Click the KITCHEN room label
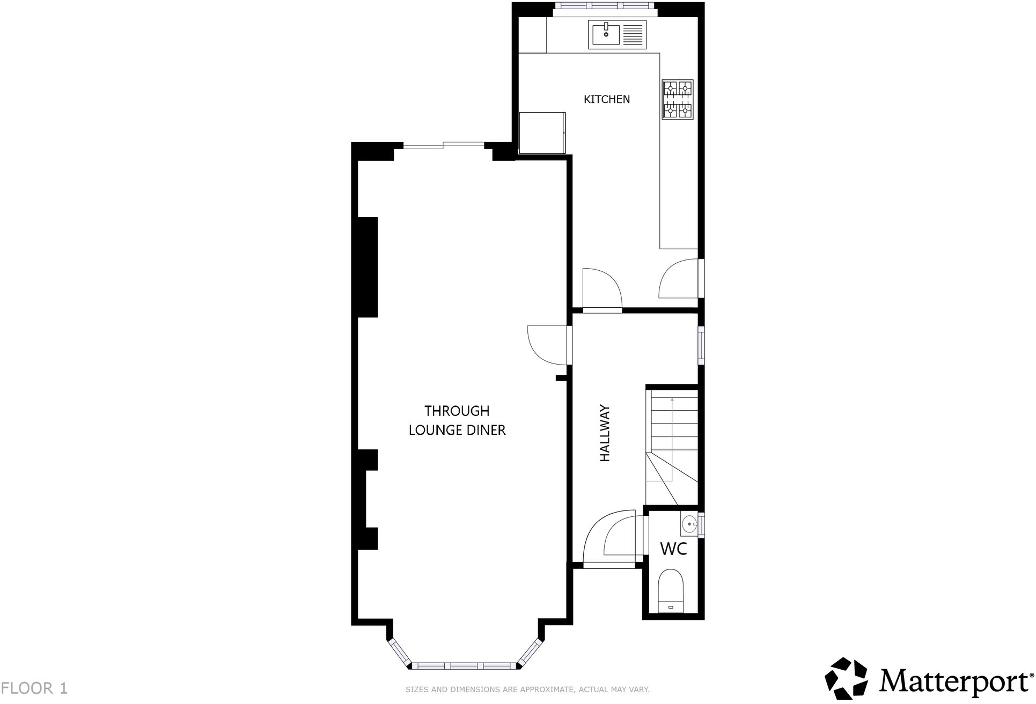607,99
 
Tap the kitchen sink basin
606,35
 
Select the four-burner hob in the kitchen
678,99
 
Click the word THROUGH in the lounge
457,411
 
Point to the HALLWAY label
605,433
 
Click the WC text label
673,549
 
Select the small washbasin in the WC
689,524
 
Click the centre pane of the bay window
467,666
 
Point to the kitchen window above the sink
605,6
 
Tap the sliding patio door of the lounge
444,144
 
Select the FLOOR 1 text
34,688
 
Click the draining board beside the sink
634,35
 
